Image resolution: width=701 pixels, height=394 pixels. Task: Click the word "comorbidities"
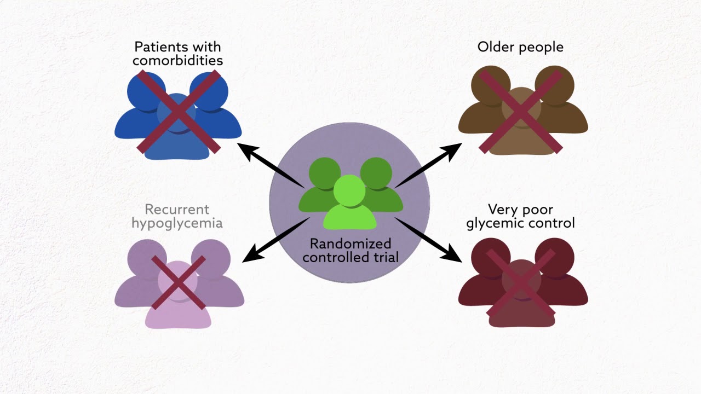tap(177, 60)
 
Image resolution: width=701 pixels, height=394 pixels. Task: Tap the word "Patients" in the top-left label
tap(162, 47)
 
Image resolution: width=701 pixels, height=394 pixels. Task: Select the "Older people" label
tap(520, 47)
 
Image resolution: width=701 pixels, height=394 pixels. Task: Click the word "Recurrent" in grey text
tap(177, 209)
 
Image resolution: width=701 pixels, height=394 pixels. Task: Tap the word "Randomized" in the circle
tap(350, 244)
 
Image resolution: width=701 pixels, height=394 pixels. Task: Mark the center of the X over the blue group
tap(179, 112)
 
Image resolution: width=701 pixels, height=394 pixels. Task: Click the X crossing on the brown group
tap(521, 112)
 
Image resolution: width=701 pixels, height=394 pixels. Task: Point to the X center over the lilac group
tap(179, 283)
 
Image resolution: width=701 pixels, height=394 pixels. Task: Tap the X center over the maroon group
tap(521, 283)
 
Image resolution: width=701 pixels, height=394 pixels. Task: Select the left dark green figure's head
tap(325, 173)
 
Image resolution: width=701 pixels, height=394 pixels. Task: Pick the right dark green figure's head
tap(376, 173)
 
